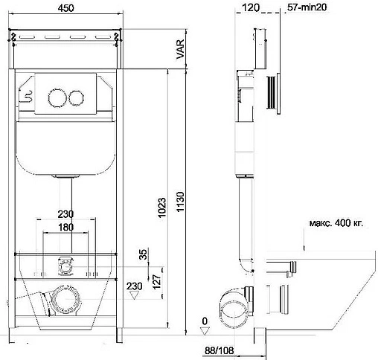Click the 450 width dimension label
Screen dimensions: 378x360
pyautogui.click(x=65, y=8)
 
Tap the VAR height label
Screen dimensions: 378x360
pyautogui.click(x=181, y=49)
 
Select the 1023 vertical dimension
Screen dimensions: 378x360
pyautogui.click(x=161, y=208)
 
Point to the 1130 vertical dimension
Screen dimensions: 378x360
pyautogui.click(x=180, y=202)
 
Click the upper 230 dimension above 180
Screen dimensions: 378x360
pyautogui.click(x=65, y=214)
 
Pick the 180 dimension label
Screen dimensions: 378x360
pyautogui.click(x=65, y=227)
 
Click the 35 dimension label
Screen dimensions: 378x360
pyautogui.click(x=143, y=254)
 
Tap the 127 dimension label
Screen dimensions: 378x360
pyautogui.click(x=157, y=282)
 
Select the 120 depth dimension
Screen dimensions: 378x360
pyautogui.click(x=251, y=7)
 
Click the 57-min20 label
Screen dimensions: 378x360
pyautogui.click(x=307, y=7)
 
